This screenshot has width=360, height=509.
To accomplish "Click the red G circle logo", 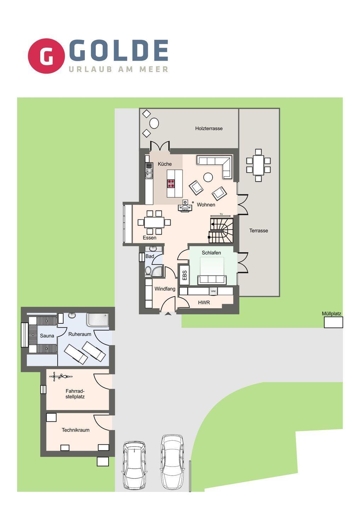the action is (46, 56).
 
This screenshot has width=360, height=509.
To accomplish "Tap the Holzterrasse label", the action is (209, 128).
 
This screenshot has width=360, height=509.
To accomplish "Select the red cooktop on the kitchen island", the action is (171, 183).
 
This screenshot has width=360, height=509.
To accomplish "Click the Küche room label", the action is (164, 164).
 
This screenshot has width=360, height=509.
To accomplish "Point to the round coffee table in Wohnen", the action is (208, 177).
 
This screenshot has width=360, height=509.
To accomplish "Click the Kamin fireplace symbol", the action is (185, 206).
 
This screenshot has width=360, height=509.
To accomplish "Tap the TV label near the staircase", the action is (221, 214).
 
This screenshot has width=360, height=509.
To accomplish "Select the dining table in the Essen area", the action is (154, 222).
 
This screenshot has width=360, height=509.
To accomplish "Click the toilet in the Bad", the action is (148, 271).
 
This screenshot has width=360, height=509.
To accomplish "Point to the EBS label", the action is (185, 275).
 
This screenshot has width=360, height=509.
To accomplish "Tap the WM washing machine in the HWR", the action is (213, 291).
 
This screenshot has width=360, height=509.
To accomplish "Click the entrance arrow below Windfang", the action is (168, 314).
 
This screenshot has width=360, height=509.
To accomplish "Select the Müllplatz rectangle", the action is (333, 322).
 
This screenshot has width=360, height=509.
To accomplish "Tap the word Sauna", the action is (47, 336).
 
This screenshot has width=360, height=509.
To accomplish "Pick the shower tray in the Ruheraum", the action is (98, 320).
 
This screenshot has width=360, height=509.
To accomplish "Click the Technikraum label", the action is (75, 430).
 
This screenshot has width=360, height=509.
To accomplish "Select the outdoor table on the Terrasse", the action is (258, 165).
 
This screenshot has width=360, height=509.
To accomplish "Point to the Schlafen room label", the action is (211, 253).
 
